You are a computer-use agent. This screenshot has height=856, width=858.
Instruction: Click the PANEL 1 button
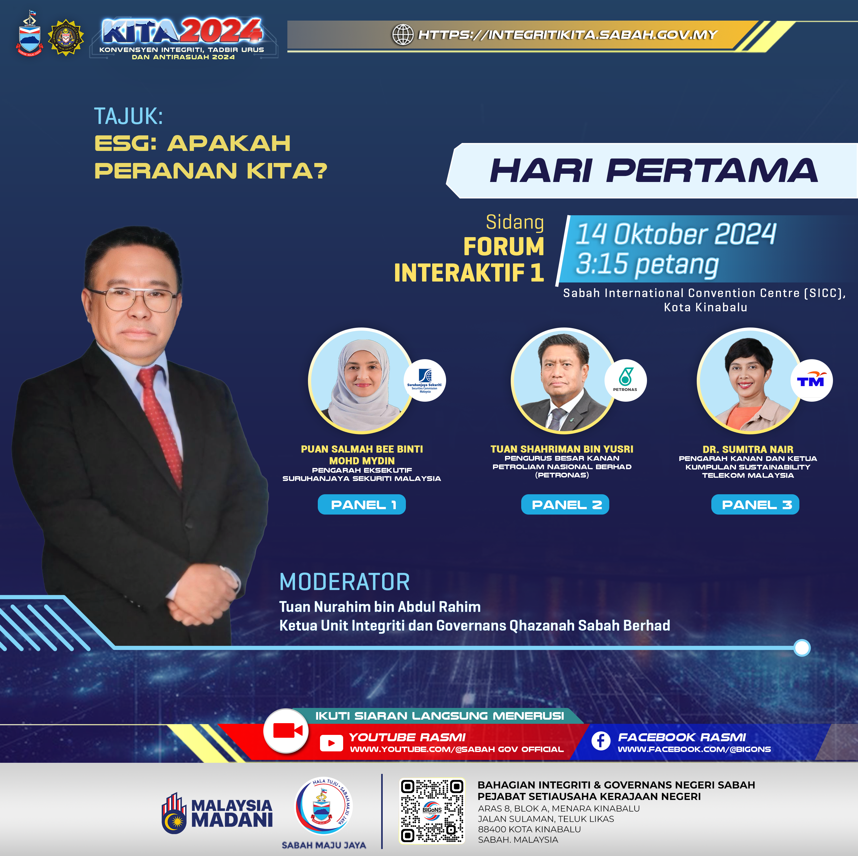(362, 504)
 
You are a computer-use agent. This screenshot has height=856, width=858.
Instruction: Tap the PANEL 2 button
(565, 504)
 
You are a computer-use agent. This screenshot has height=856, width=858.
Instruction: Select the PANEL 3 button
(755, 504)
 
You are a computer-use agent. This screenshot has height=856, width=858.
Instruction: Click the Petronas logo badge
(625, 380)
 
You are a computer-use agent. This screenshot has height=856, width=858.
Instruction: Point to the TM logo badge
(811, 380)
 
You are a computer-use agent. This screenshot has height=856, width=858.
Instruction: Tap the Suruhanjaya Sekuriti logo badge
(425, 380)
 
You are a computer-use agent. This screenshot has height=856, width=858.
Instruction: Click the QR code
(432, 810)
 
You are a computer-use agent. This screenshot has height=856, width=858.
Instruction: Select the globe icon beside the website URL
(403, 35)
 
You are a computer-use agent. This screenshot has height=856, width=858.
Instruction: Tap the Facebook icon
(601, 741)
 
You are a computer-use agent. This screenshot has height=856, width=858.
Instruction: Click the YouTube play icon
(331, 743)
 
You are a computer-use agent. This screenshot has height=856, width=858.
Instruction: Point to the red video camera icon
(287, 731)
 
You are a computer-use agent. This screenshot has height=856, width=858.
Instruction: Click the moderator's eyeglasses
(133, 299)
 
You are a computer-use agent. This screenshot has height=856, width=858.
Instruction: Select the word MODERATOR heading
(345, 582)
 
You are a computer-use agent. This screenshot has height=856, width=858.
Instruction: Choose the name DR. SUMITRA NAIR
(748, 449)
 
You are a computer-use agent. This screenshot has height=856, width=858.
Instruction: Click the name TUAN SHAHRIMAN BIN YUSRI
(562, 449)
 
